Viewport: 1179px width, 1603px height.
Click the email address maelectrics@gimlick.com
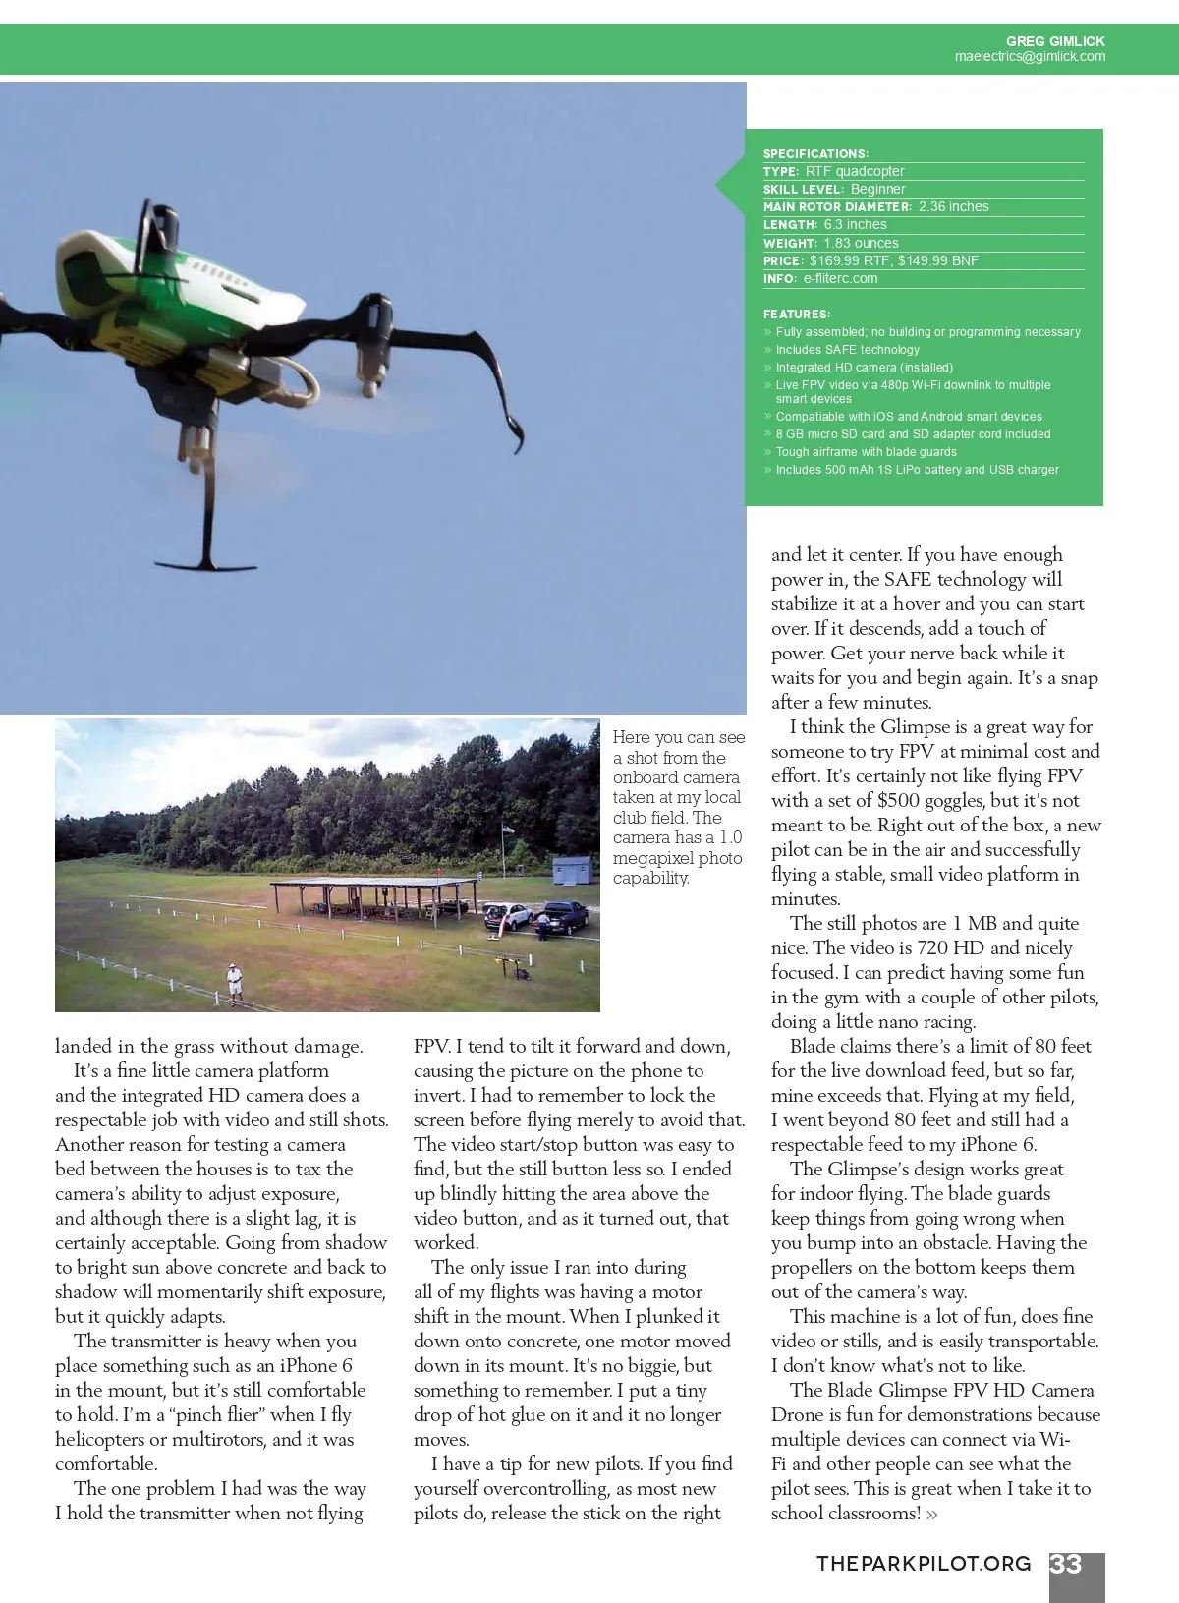point(1030,57)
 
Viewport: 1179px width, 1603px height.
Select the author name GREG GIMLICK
point(1055,41)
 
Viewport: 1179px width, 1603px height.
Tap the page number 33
point(1066,1565)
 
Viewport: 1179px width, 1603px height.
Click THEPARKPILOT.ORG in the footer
point(924,1564)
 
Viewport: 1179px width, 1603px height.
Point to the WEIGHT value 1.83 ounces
point(861,243)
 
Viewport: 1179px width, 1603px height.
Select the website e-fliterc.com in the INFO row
point(840,278)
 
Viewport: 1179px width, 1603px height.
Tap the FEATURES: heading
point(797,315)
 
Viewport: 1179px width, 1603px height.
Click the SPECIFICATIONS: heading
point(815,154)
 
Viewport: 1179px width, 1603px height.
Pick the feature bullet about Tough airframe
point(866,452)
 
